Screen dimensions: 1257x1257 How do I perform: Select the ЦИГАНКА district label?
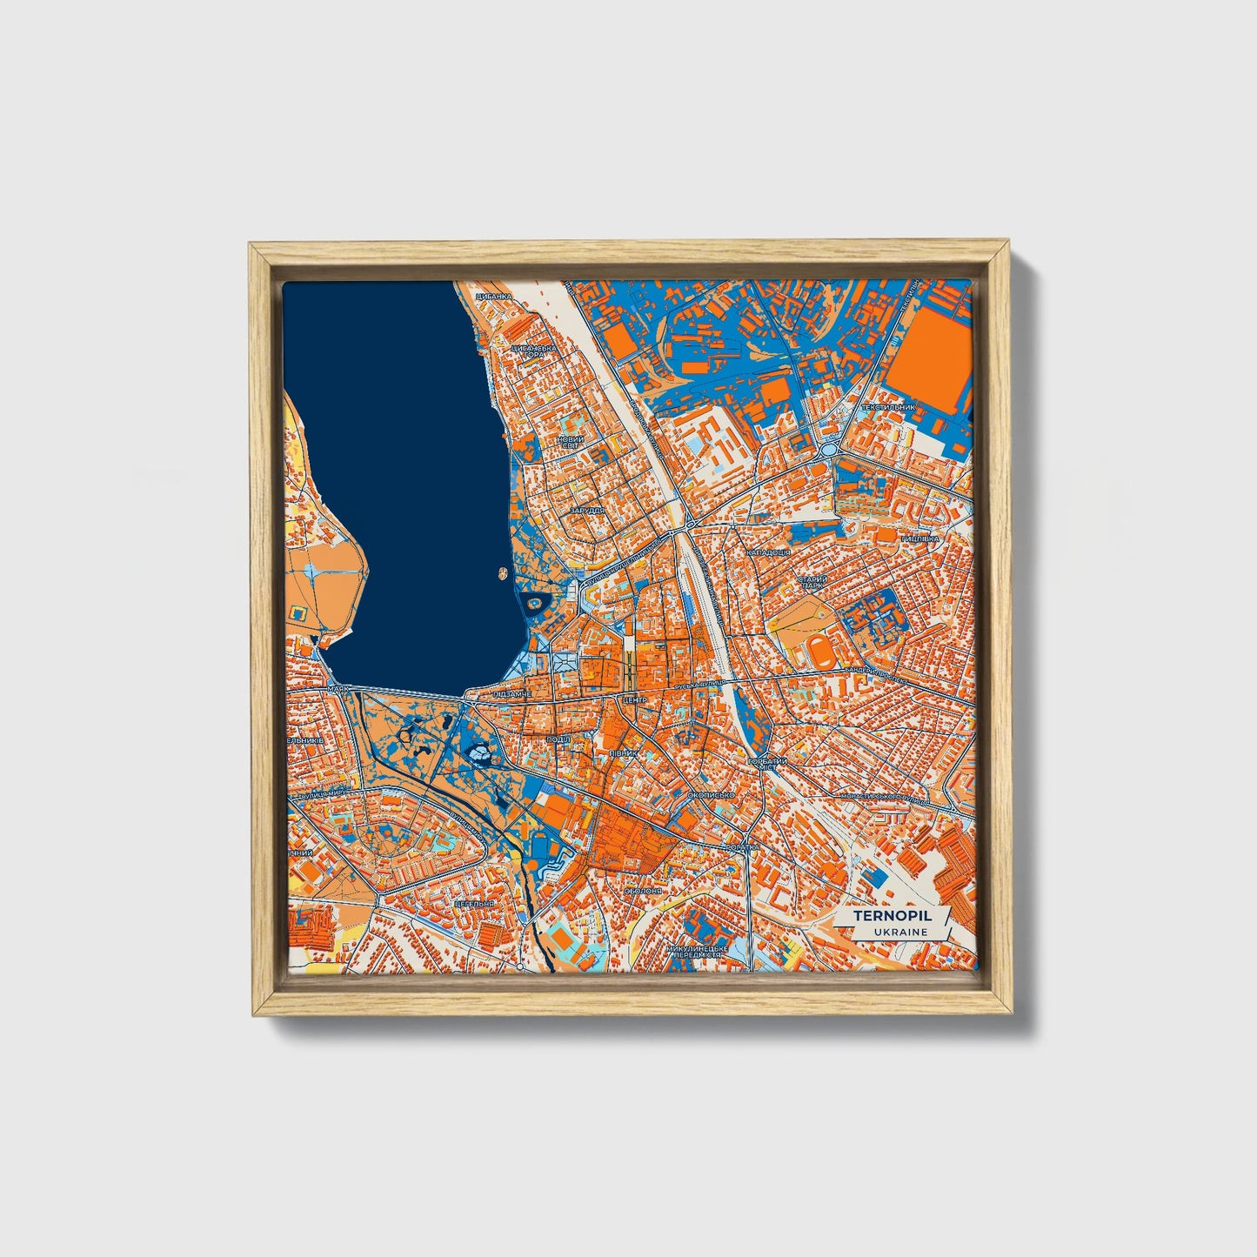pos(494,297)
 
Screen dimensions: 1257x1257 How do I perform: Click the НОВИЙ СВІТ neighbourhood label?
pos(571,442)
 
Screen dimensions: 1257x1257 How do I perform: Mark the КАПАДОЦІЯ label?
pos(769,552)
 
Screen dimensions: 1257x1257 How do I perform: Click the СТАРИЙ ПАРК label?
pos(812,581)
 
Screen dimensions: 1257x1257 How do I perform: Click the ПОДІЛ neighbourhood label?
pos(558,739)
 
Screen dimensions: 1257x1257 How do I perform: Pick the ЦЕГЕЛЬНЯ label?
pos(473,903)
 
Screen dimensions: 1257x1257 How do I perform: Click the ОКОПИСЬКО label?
pos(711,794)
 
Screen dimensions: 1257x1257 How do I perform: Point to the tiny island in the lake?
pos(502,573)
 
